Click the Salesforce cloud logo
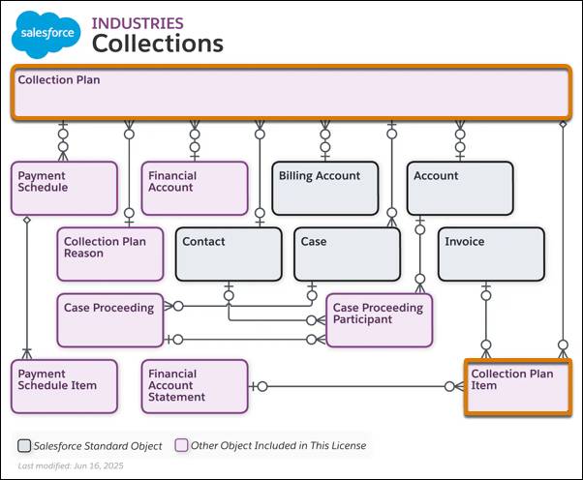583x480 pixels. (46, 36)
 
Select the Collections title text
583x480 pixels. (157, 44)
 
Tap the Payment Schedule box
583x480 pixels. (64, 187)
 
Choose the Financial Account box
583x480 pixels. (195, 187)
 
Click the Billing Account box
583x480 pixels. (323, 187)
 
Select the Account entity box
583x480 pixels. (459, 187)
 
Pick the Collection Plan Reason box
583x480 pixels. (109, 254)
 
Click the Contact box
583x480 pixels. (229, 254)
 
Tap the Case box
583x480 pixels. (347, 254)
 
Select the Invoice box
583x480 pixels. (491, 254)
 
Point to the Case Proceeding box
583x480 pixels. (109, 319)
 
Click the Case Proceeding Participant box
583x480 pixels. (379, 319)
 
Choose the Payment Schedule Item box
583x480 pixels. (64, 386)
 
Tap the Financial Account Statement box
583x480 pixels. (195, 386)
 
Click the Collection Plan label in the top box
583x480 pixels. (59, 80)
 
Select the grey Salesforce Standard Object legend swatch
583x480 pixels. (23, 446)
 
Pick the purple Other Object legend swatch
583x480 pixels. (180, 446)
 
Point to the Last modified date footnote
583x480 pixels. (70, 466)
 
